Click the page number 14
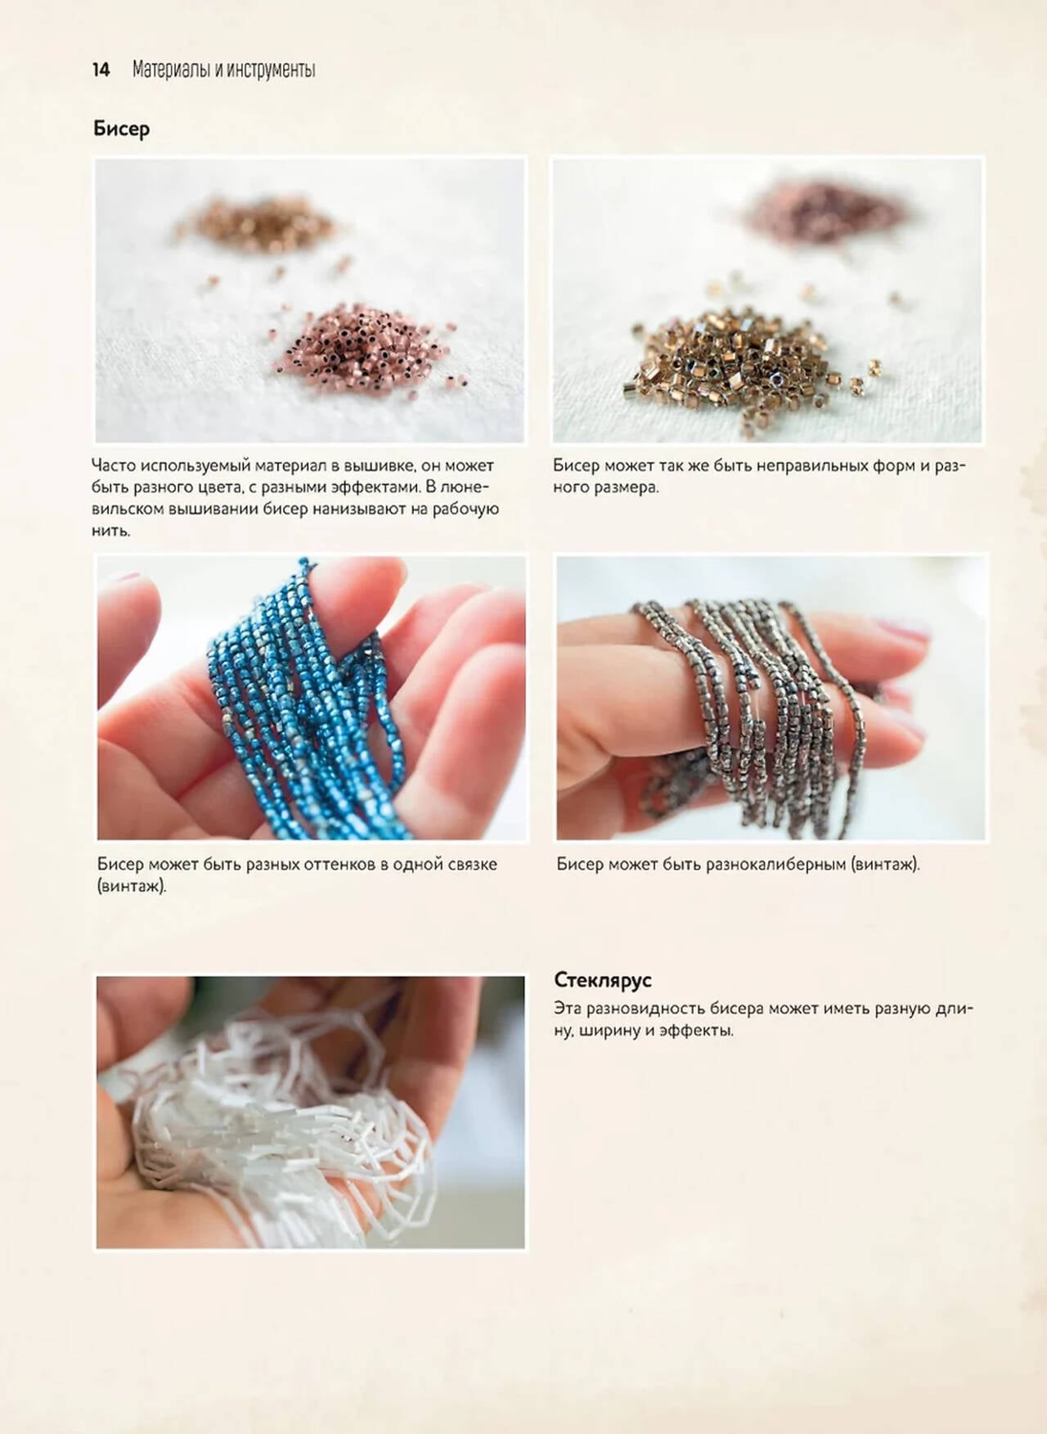pyautogui.click(x=101, y=70)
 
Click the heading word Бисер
pyautogui.click(x=121, y=129)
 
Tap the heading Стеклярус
pyautogui.click(x=603, y=980)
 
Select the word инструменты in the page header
pyautogui.click(x=271, y=70)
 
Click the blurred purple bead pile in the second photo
pyautogui.click(x=826, y=209)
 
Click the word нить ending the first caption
pyautogui.click(x=110, y=531)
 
